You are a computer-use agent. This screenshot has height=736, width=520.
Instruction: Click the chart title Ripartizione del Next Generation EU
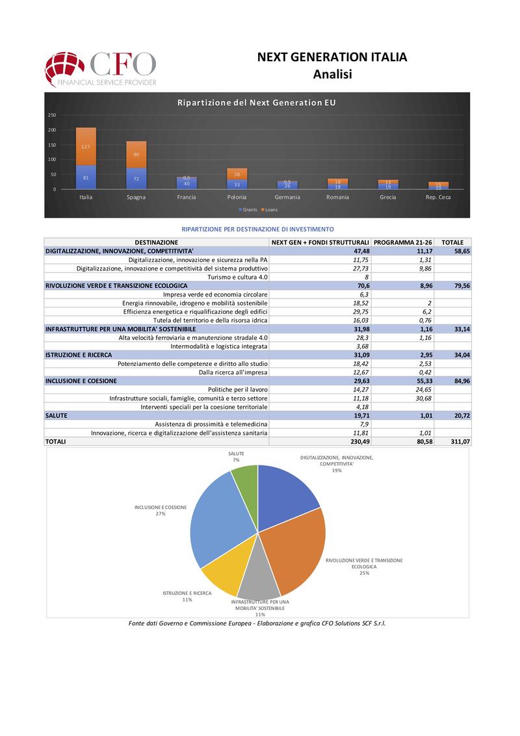coord(257,103)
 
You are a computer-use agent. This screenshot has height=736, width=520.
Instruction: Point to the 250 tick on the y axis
coord(52,115)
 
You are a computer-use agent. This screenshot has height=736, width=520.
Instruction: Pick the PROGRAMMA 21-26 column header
coord(403,242)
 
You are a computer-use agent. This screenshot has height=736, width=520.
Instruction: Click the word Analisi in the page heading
coord(332,74)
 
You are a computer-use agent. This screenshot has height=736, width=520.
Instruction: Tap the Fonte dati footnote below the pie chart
coord(257,623)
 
